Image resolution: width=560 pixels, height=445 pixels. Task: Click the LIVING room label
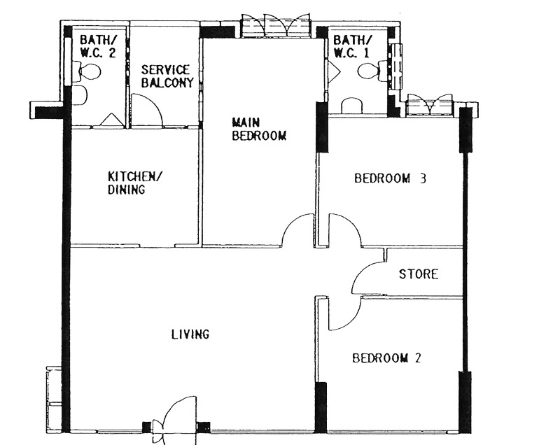190,334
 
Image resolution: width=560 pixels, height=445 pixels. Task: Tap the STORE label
418,274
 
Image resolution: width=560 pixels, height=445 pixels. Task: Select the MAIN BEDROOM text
259,129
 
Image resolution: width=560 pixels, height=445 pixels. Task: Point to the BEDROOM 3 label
390,178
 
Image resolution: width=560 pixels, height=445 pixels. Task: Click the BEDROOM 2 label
387,358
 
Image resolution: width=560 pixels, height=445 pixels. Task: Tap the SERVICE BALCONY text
167,76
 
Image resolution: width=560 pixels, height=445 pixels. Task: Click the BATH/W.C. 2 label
98,46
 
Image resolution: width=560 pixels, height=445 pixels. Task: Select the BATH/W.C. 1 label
352,46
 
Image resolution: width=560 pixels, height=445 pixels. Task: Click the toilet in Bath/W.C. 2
87,72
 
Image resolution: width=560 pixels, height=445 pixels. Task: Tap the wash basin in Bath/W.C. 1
352,106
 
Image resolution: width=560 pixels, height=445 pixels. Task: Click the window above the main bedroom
276,26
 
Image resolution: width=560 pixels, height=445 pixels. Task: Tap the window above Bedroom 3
430,105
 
